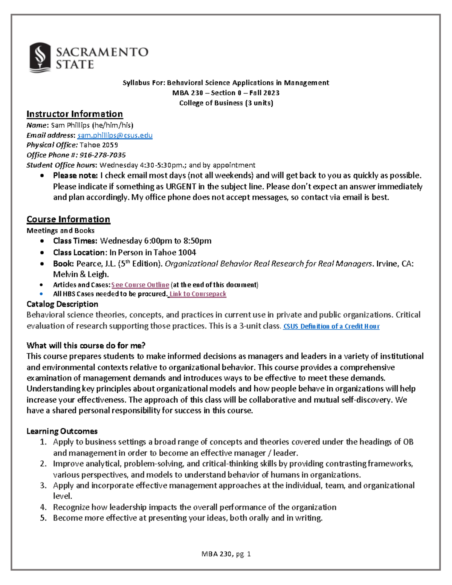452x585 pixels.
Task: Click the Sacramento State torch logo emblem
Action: [x=40, y=57]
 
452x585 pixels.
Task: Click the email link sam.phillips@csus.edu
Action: [x=115, y=135]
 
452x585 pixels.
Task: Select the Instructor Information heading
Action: [x=75, y=114]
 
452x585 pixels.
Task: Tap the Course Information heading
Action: [x=68, y=219]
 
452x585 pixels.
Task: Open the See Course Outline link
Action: [x=140, y=285]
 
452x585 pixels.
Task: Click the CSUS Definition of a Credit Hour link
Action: [x=331, y=326]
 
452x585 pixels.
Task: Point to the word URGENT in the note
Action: [x=181, y=186]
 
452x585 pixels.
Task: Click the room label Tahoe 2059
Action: [x=99, y=145]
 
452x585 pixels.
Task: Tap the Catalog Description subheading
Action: [x=62, y=304]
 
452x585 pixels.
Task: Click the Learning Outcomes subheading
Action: [x=62, y=431]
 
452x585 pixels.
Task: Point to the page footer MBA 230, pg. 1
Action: [x=226, y=554]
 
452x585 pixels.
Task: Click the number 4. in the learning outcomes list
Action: [x=43, y=507]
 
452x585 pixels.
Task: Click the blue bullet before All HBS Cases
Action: [x=42, y=294]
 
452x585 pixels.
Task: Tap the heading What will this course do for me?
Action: [x=86, y=345]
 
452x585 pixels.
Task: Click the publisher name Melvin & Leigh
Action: [x=81, y=274]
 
